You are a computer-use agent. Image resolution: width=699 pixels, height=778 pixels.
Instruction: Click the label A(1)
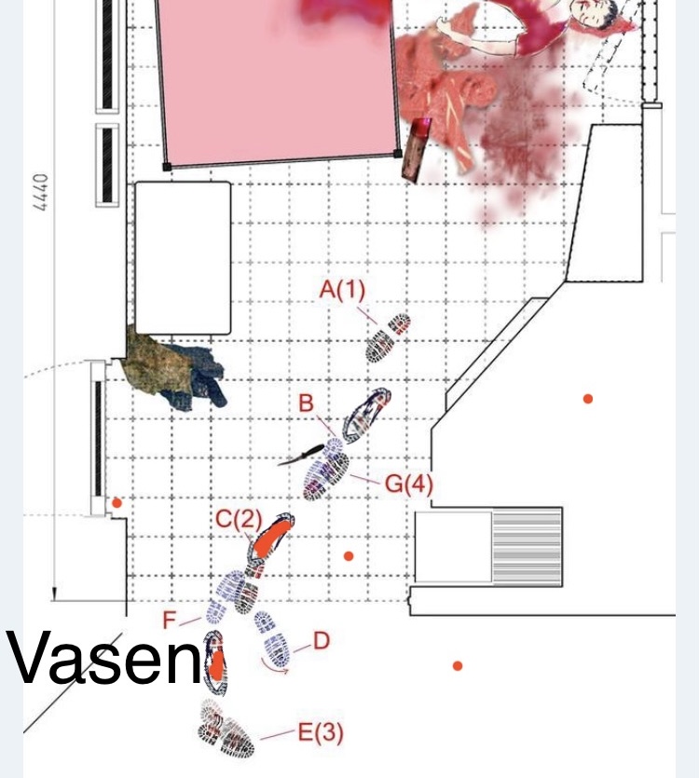click(x=343, y=289)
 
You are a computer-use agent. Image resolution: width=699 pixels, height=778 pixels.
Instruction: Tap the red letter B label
click(x=307, y=403)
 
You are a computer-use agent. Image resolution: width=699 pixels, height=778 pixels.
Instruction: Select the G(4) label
click(x=409, y=484)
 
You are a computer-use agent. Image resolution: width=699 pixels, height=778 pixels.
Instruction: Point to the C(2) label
click(x=239, y=519)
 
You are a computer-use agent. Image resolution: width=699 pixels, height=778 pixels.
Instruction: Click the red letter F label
click(x=170, y=621)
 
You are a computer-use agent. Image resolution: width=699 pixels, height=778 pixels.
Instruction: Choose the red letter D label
click(x=322, y=641)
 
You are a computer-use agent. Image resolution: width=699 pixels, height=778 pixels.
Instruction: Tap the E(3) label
click(x=321, y=732)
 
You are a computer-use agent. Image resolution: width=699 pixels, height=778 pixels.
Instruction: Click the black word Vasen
click(x=104, y=658)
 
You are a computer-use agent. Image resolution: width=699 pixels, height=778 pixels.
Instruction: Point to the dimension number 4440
click(x=41, y=192)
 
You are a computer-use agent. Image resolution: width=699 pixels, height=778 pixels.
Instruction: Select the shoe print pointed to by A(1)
click(x=388, y=337)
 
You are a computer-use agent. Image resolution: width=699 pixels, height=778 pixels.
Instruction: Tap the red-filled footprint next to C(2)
click(x=270, y=539)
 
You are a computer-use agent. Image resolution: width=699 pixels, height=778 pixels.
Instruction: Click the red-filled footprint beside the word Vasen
click(x=216, y=662)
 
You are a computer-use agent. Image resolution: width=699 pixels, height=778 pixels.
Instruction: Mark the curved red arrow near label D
click(x=275, y=667)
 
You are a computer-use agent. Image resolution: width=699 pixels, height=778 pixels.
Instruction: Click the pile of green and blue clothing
click(x=175, y=368)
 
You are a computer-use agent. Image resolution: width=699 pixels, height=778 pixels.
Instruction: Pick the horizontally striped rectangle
click(x=527, y=547)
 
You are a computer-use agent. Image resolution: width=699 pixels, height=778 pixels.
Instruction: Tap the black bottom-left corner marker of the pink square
click(x=167, y=167)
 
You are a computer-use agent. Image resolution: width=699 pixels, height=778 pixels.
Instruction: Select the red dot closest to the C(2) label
click(x=349, y=556)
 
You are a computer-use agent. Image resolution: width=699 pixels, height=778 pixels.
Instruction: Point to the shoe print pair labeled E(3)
click(x=226, y=729)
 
